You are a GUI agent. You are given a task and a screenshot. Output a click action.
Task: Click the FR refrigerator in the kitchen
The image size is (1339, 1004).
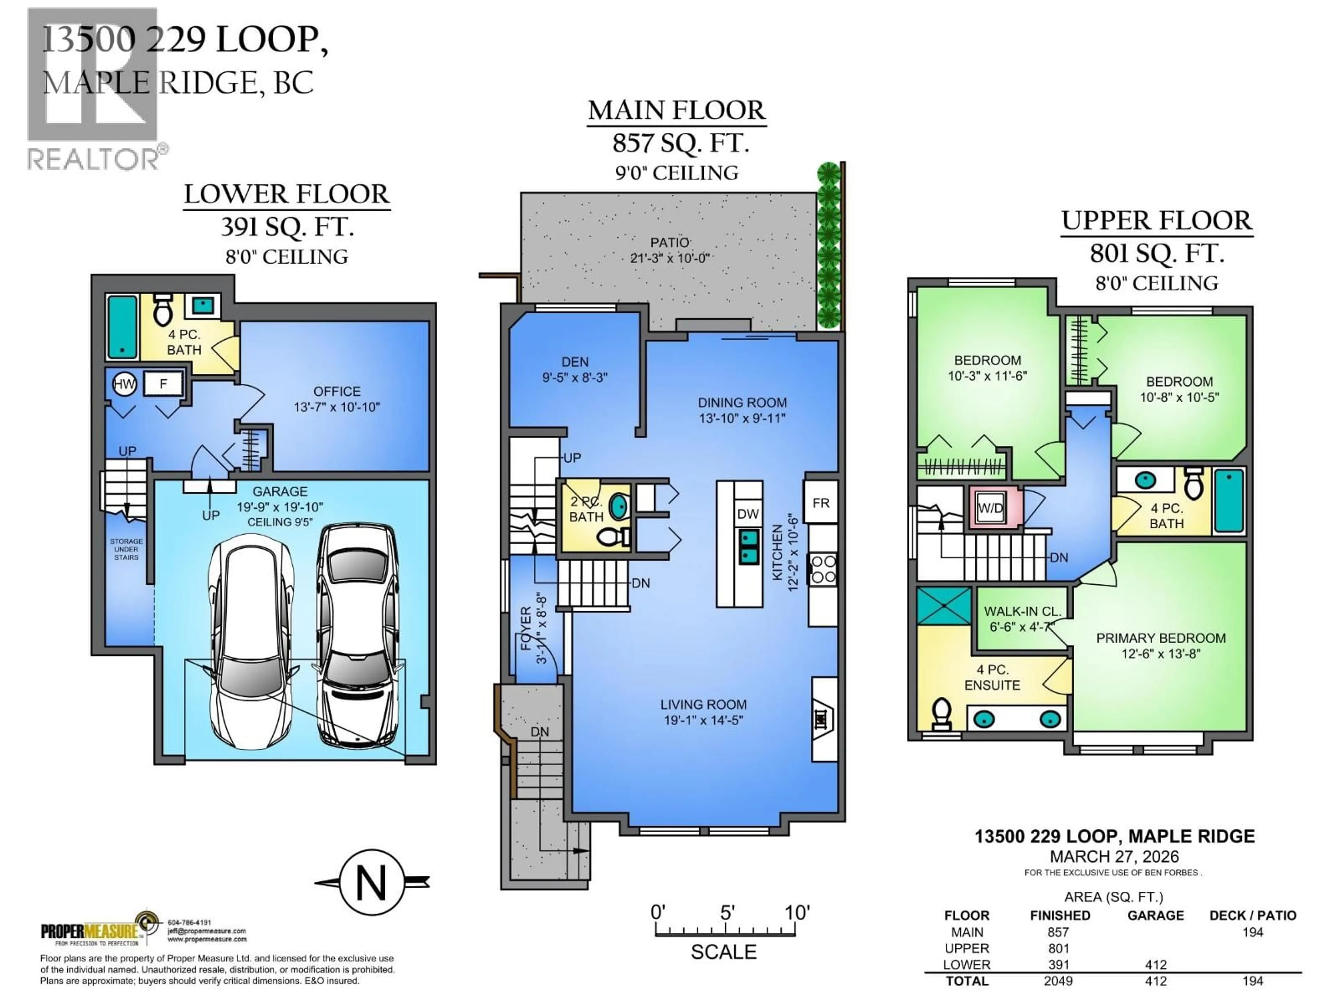click(x=821, y=503)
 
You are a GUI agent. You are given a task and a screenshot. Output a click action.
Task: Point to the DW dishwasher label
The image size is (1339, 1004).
click(x=748, y=514)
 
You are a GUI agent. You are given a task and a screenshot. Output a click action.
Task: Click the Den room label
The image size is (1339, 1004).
click(x=574, y=362)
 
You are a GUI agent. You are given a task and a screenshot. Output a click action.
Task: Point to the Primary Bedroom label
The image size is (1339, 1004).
click(x=1160, y=638)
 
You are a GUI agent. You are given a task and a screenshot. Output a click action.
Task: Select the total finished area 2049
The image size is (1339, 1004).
click(x=1058, y=981)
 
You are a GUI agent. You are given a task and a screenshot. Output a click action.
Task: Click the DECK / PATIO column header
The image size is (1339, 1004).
click(x=1253, y=916)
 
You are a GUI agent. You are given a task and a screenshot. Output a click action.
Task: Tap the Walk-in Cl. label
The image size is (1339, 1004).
click(x=1022, y=611)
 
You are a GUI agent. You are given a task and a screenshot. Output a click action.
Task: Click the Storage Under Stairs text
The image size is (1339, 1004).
click(x=126, y=549)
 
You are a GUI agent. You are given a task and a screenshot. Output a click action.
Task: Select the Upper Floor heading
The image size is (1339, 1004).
click(x=1156, y=220)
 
